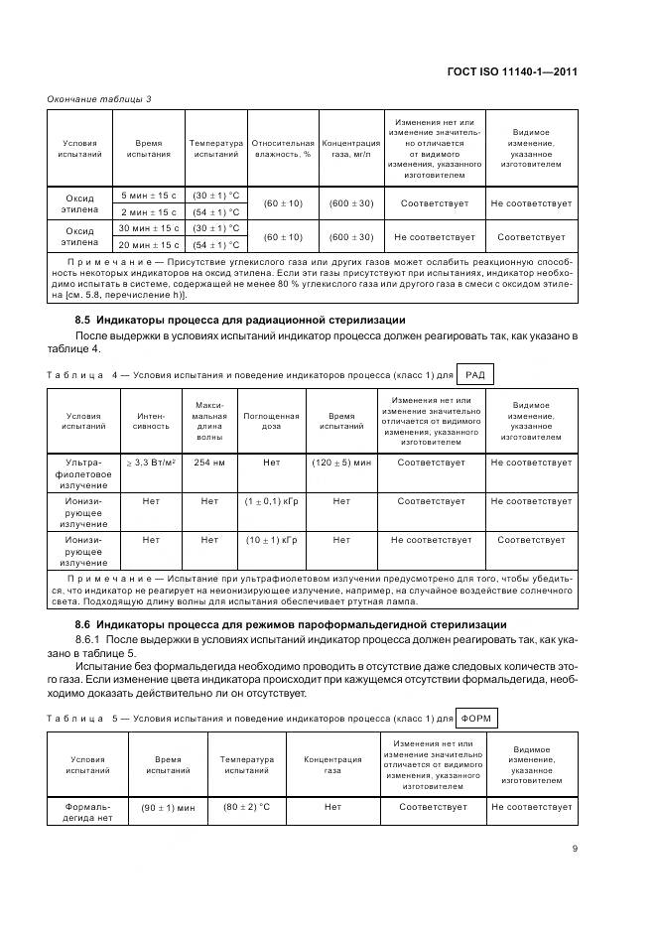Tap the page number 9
[x=576, y=849]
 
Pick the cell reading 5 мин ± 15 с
[x=149, y=196]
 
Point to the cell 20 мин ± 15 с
[x=149, y=244]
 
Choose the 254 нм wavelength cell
[x=209, y=463]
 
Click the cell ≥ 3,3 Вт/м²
[x=150, y=463]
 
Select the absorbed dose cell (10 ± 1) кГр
[x=271, y=540]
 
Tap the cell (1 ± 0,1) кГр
[x=271, y=501]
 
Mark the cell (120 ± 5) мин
[x=341, y=463]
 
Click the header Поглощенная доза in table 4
[x=271, y=421]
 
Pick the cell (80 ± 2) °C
[x=246, y=806]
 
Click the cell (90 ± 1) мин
[x=168, y=807]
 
